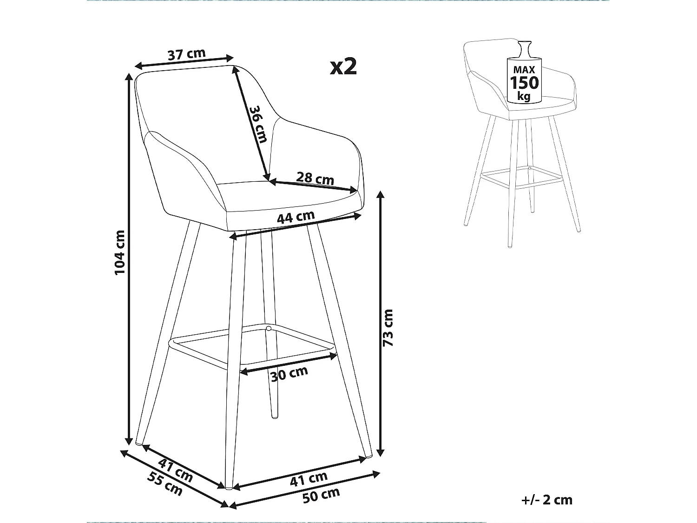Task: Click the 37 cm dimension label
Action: tap(186, 54)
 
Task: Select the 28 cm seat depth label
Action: tap(315, 178)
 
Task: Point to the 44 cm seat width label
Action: tap(296, 217)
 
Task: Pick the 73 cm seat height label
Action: tap(388, 327)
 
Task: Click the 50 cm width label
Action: tap(321, 495)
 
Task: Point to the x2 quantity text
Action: tap(343, 67)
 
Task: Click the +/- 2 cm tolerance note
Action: tap(547, 500)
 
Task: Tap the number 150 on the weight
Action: tap(525, 83)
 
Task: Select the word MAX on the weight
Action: tap(525, 70)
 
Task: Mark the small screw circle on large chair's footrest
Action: tap(268, 329)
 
